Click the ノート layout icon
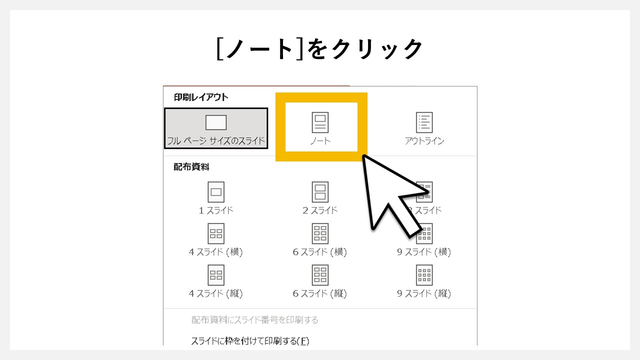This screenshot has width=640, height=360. pos(320,122)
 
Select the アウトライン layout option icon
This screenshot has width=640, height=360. pos(424,122)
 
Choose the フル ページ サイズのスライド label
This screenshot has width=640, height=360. pos(216,140)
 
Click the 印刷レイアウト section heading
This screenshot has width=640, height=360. pos(201,97)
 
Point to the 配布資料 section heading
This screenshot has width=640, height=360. pos(191,167)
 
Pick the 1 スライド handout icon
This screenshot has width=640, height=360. pos(216,192)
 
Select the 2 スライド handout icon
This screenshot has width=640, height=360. pos(320,192)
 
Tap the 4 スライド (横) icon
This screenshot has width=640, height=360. pos(216,233)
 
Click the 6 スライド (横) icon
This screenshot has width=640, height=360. pos(320,233)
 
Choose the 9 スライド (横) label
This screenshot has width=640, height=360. pos(424,252)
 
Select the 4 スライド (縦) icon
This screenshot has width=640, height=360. pos(216,275)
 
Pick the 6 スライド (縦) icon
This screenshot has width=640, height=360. pos(320,275)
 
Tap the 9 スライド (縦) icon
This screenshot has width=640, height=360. pos(424,275)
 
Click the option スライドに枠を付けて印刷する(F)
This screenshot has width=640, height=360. pos(250,341)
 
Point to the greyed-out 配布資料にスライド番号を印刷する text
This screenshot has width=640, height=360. pos(255,320)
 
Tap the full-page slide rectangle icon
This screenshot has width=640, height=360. pos(216,122)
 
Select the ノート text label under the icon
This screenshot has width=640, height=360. pos(320,140)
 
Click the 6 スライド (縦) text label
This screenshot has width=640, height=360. pos(320,293)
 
